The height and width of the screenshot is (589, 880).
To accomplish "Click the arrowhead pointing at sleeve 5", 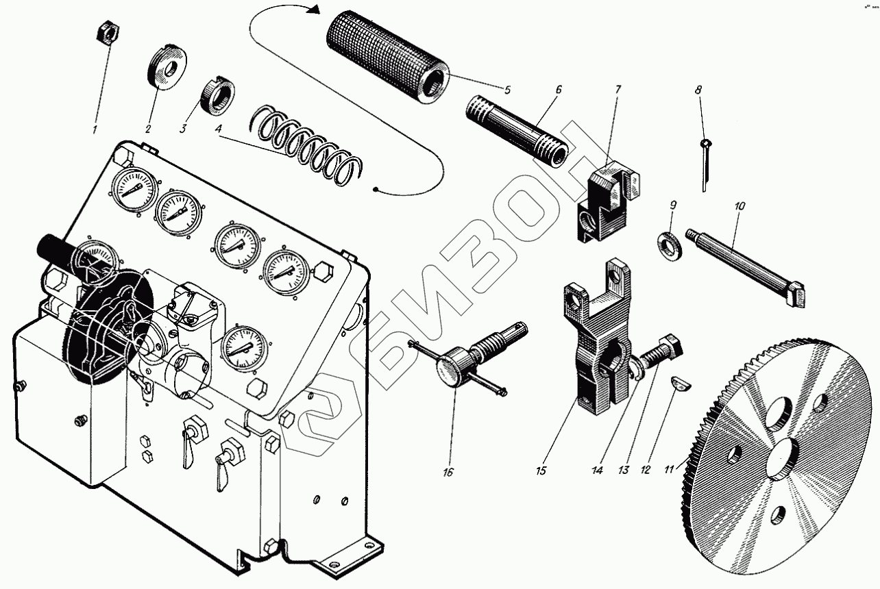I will point(314,11).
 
